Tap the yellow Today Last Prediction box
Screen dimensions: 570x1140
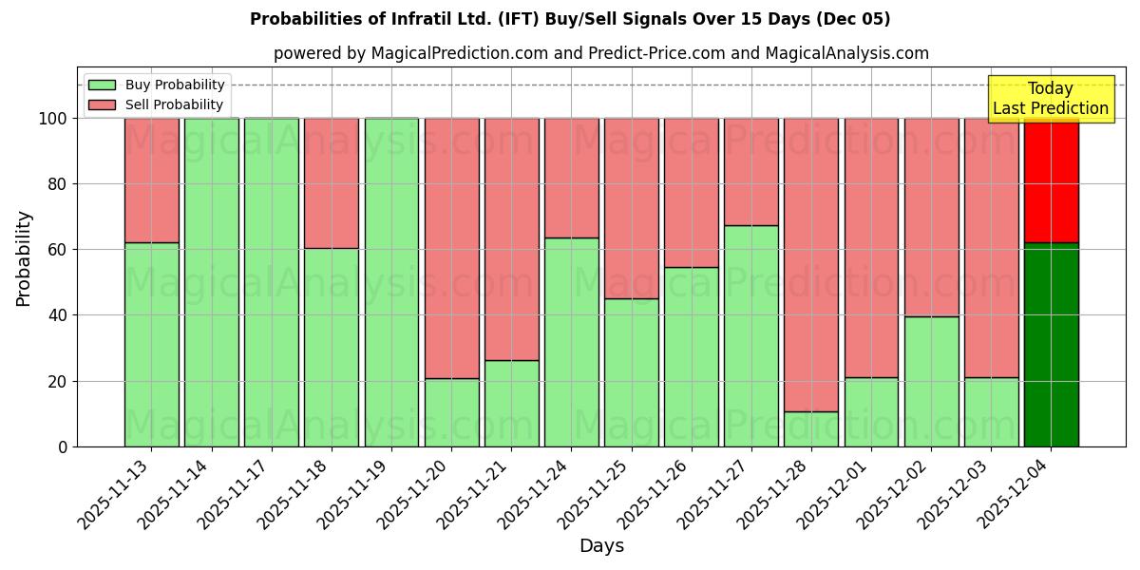1050,99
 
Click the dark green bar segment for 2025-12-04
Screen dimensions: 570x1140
1051,344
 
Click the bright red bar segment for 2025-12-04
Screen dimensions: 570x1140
1051,180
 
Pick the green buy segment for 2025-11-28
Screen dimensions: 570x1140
811,428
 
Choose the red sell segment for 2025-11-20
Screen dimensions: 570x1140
451,248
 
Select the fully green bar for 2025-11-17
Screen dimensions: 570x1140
272,282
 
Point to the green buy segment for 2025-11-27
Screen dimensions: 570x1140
751,335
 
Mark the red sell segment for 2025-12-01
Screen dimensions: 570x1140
871,247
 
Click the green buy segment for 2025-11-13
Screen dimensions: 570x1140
152,344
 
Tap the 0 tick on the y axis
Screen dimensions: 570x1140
63,446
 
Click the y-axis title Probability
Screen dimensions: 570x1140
24,257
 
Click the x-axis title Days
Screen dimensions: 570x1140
601,546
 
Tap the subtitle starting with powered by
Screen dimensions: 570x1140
601,53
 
